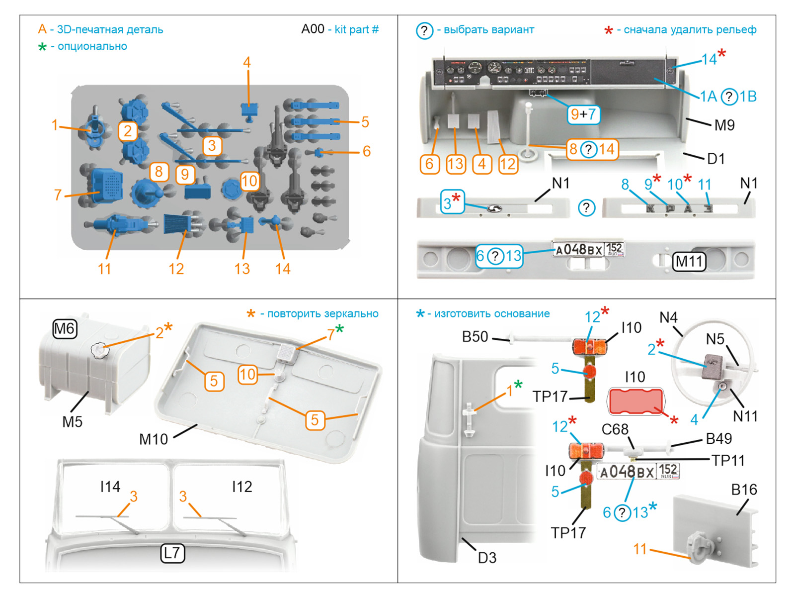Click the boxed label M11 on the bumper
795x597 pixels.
689,262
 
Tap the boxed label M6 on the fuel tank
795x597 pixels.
65,329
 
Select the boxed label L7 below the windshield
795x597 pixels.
172,553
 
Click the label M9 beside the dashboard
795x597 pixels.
724,125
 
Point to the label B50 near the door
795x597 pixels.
475,337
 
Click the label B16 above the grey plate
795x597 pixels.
743,490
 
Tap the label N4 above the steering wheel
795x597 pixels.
668,317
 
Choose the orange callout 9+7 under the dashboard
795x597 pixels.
583,114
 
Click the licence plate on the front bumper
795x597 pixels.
588,249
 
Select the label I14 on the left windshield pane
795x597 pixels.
110,487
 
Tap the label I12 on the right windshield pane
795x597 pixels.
242,487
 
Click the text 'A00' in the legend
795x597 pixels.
313,29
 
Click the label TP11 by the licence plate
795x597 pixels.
727,461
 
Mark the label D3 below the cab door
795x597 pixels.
487,558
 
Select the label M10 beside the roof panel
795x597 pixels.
154,439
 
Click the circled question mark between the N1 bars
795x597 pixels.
586,207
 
